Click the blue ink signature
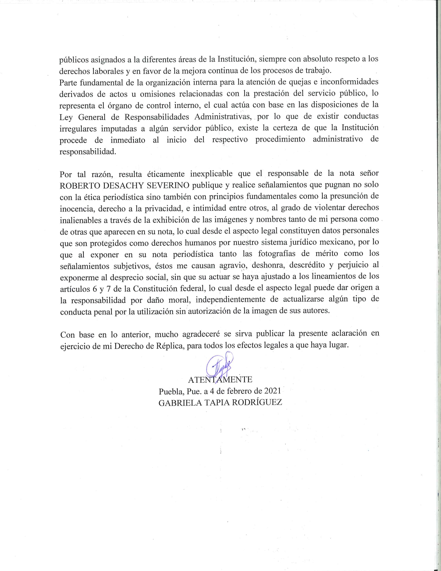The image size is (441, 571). pos(219,365)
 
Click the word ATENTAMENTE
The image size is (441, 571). pos(220,380)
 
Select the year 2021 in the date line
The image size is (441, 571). pos(272,391)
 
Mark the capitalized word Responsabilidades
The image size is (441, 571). pos(157,116)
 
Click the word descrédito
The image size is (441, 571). pos(306,265)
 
